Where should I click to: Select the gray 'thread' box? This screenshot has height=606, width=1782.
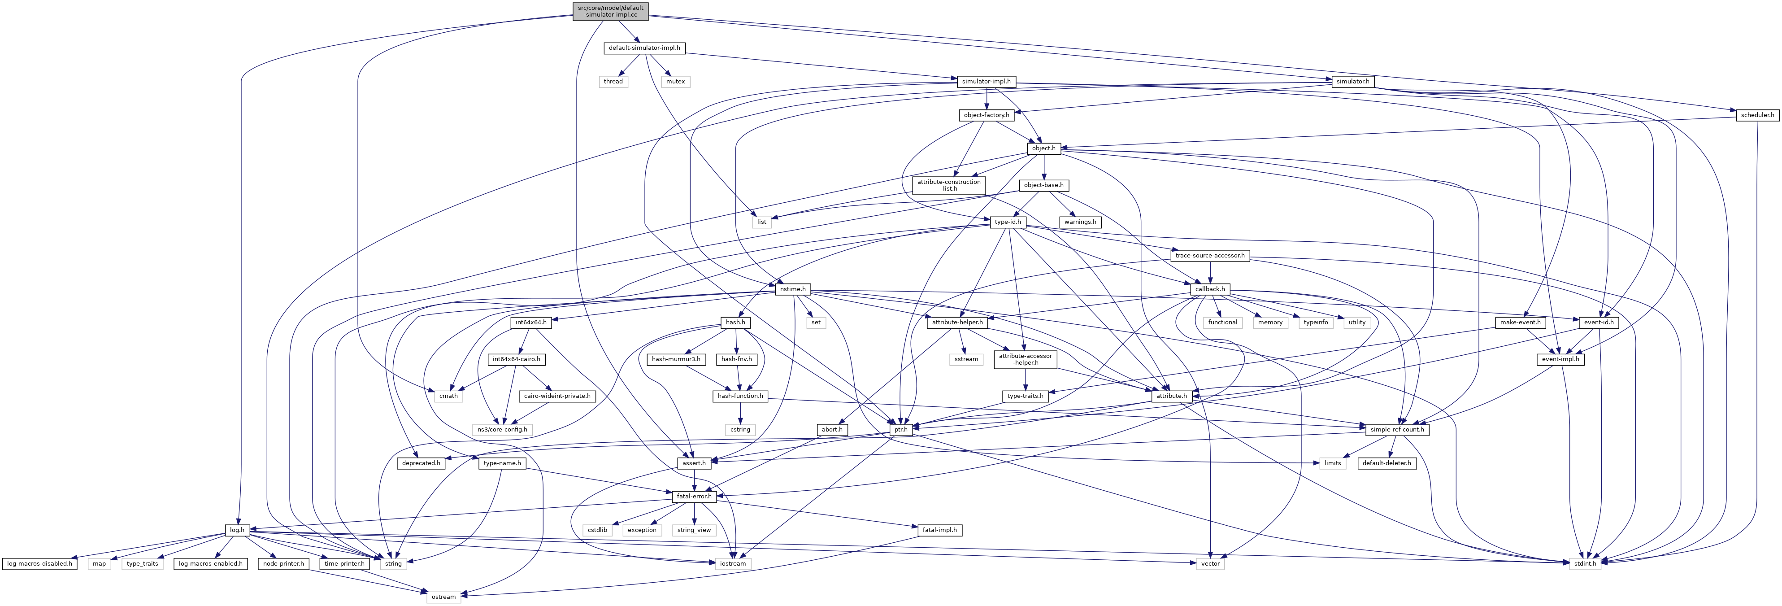[613, 82]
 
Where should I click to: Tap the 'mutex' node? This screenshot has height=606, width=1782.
[675, 82]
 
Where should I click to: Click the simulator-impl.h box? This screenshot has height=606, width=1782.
[986, 82]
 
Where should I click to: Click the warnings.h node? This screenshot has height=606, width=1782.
[1080, 222]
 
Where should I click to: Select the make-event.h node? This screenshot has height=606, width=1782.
[1520, 323]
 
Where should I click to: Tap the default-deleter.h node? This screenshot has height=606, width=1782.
[1386, 463]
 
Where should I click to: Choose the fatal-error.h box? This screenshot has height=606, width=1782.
[694, 497]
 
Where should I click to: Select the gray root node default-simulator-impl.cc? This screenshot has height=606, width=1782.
[611, 11]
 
